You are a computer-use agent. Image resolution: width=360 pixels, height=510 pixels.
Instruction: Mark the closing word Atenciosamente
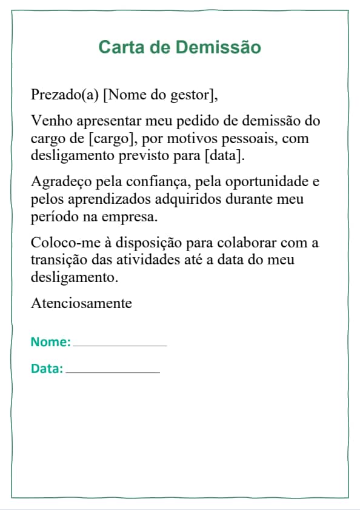click(x=81, y=303)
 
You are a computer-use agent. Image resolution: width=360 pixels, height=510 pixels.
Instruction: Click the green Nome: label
click(x=50, y=341)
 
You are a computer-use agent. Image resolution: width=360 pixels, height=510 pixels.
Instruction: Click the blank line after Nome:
click(x=119, y=344)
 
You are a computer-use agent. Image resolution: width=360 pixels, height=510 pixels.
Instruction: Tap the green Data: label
click(x=47, y=368)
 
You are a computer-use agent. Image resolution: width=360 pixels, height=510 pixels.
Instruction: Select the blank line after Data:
click(x=113, y=371)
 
